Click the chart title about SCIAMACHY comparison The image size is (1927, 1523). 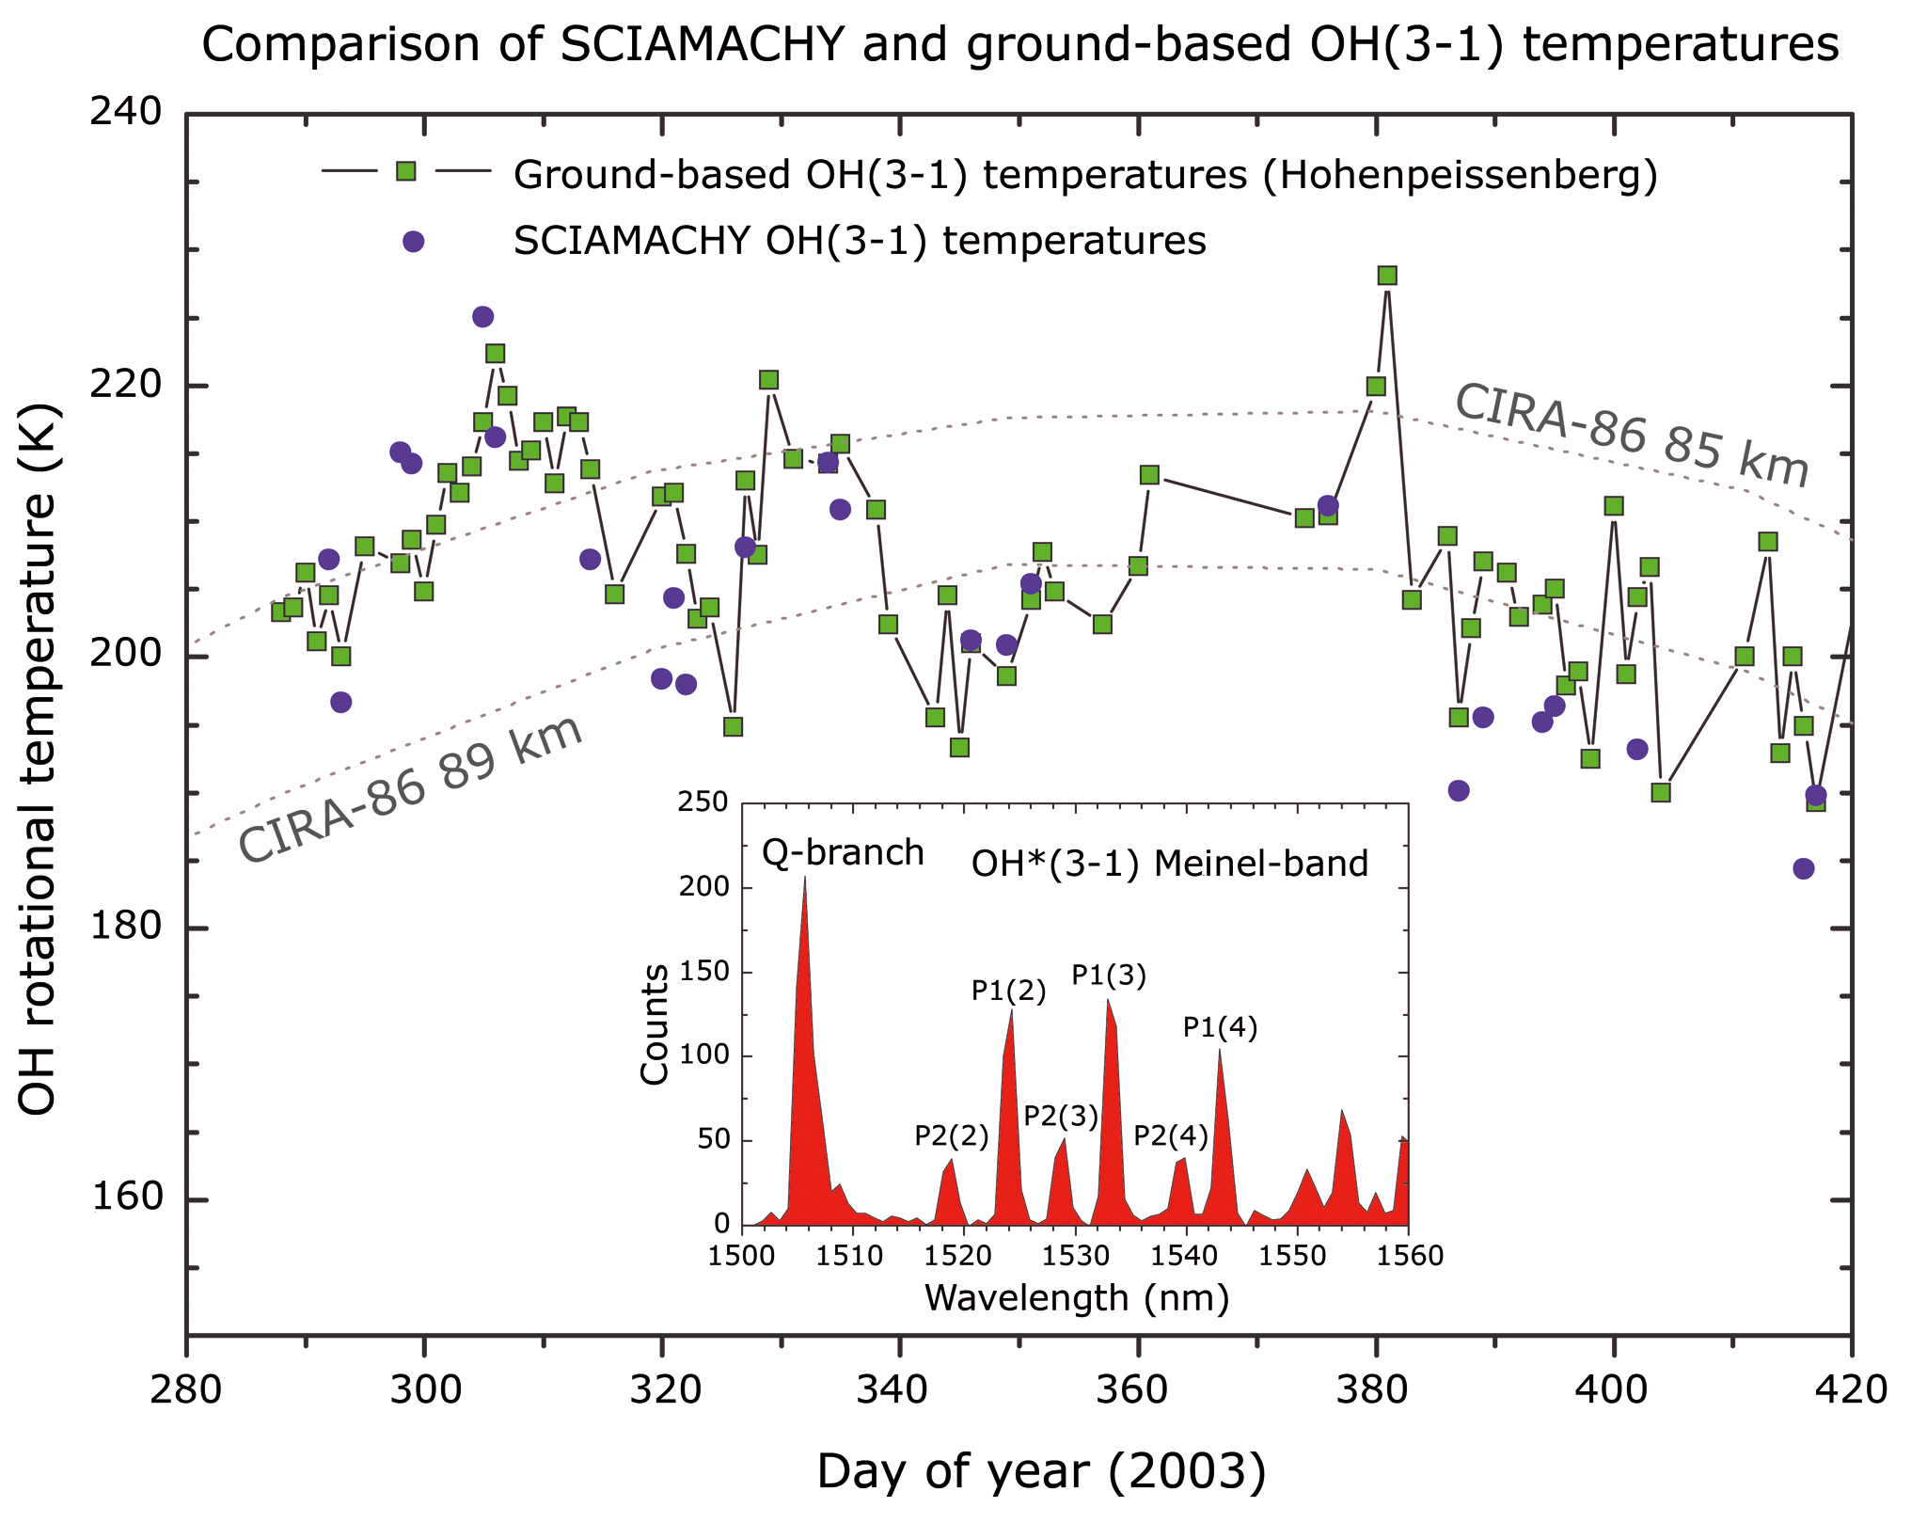coord(1019,45)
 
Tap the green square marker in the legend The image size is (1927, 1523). coord(405,170)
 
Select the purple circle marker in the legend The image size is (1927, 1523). coord(413,242)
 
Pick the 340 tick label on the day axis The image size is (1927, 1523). coord(899,1388)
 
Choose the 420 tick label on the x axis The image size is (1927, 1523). coord(1851,1388)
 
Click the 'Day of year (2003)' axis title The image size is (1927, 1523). coord(1041,1471)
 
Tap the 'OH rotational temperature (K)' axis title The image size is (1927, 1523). coord(39,759)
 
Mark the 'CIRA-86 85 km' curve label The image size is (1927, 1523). coord(1632,436)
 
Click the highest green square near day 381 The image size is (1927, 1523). coord(1387,276)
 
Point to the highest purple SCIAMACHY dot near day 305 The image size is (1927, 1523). coord(482,317)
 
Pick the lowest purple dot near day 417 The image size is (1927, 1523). coord(1803,868)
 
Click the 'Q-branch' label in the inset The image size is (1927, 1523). coord(843,852)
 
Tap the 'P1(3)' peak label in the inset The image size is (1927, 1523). coord(1109,976)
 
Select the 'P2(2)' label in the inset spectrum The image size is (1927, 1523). coord(952,1136)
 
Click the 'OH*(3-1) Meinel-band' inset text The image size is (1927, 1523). coord(1169,864)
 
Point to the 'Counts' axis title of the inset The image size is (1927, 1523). coord(655,1025)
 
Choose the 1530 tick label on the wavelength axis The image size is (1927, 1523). coord(1076,1256)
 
